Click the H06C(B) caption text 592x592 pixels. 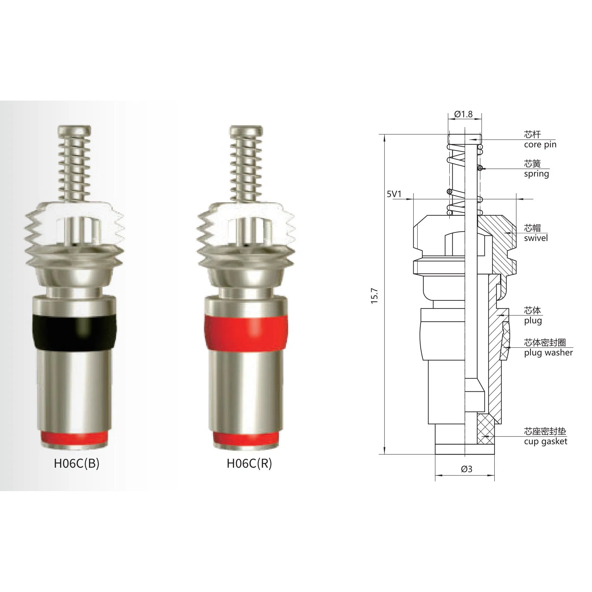(77, 464)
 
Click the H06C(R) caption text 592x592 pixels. (249, 464)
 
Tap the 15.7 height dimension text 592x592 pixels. (375, 296)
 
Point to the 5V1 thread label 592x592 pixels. (394, 194)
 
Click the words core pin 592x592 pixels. (540, 145)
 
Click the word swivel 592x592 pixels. (536, 238)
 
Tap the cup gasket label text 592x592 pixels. (545, 442)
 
